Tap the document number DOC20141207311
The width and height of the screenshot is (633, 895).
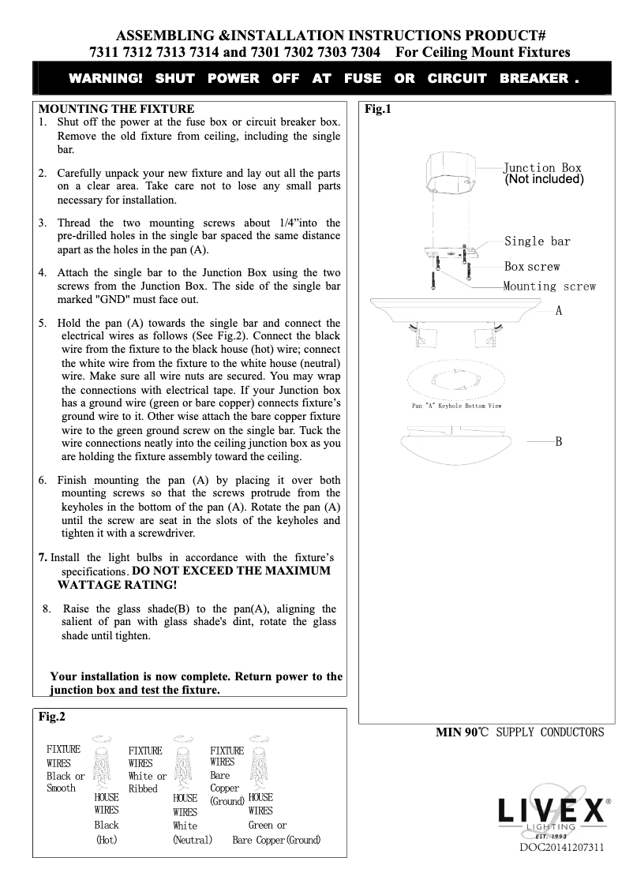[x=561, y=848]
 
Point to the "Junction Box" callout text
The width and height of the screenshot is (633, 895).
[x=542, y=167]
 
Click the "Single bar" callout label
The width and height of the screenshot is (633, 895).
[x=537, y=242]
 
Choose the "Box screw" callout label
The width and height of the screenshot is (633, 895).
[x=532, y=267]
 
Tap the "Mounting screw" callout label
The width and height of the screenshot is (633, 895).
[x=549, y=286]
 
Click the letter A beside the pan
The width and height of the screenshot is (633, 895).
[x=558, y=311]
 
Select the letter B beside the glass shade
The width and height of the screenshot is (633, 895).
[x=558, y=441]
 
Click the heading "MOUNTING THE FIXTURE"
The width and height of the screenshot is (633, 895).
[x=116, y=108]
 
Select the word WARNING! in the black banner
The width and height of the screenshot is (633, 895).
[x=106, y=78]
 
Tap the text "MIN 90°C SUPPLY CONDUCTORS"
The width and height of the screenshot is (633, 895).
[x=520, y=732]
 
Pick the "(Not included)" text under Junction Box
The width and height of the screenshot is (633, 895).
[x=544, y=179]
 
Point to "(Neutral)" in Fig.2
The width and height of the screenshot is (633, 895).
[x=193, y=840]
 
